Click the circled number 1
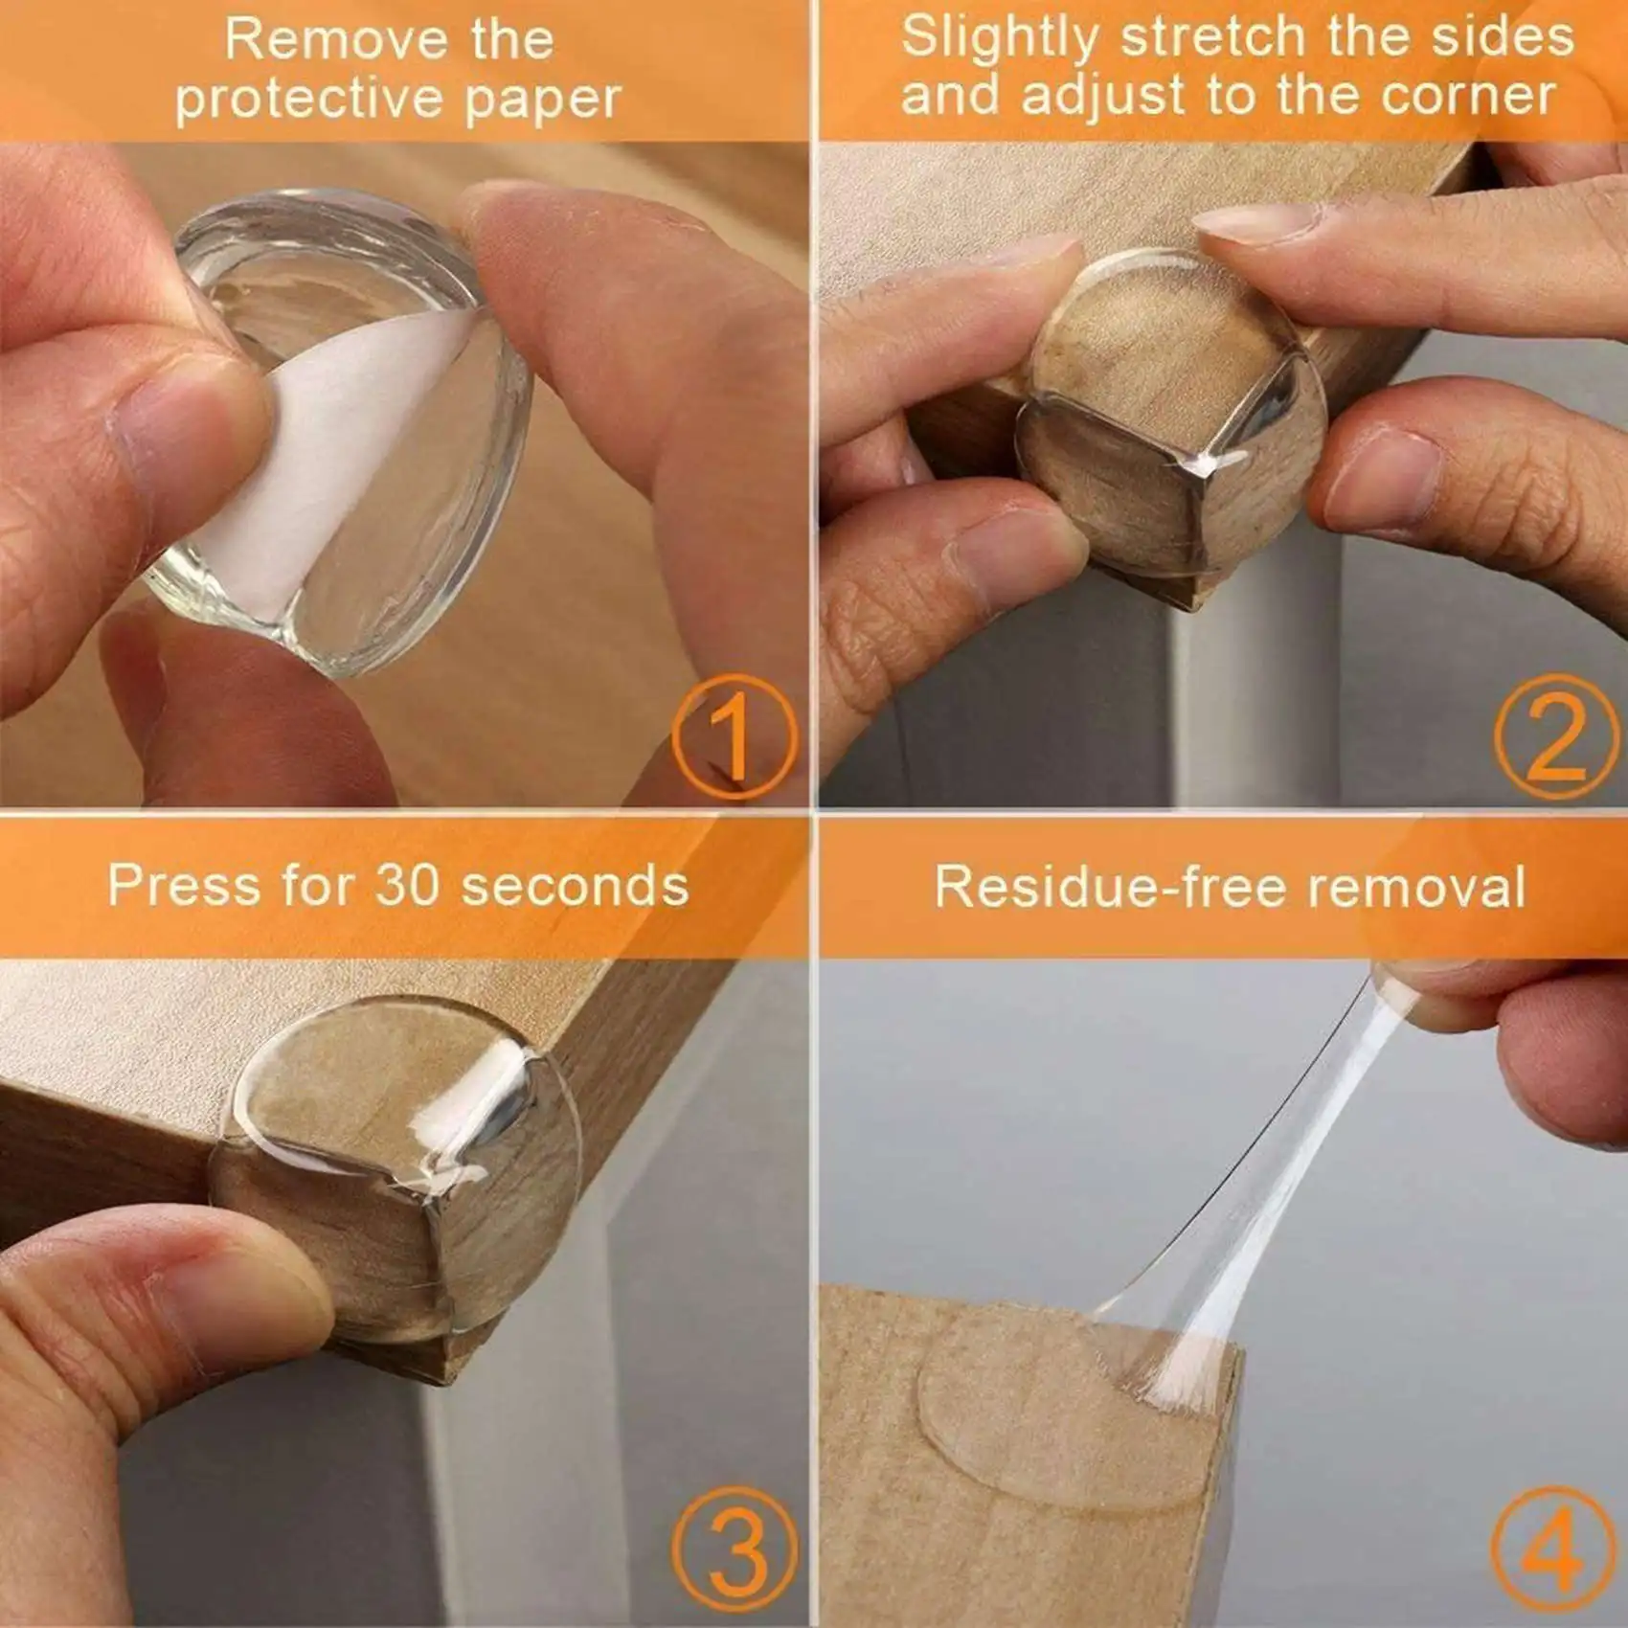click(x=735, y=736)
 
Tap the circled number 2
click(x=1555, y=736)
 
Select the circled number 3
click(x=735, y=1551)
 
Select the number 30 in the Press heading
click(x=408, y=885)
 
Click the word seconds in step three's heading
click(x=575, y=885)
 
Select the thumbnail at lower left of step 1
click(x=177, y=421)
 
